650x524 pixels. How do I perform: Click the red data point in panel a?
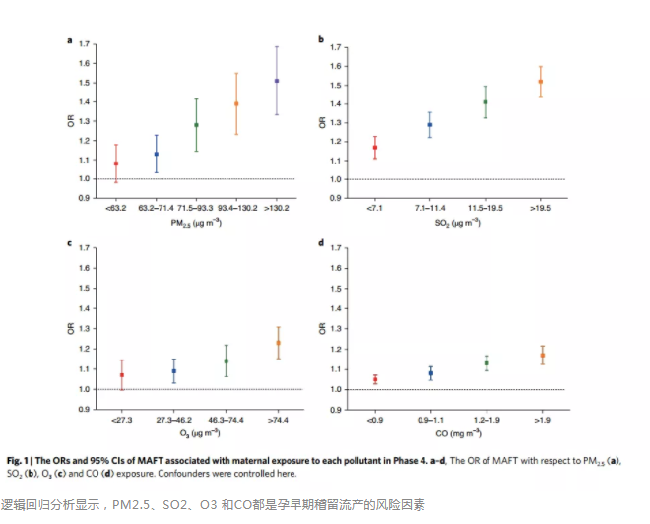[x=116, y=164]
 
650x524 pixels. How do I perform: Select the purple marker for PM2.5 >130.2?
[x=277, y=80]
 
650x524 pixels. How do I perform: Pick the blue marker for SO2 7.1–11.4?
[x=429, y=125]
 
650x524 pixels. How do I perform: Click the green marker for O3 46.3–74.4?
[x=226, y=360]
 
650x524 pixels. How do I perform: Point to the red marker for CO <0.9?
[x=375, y=379]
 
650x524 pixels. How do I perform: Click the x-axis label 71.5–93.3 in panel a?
[x=196, y=209]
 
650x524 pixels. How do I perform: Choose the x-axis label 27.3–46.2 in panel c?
[x=173, y=420]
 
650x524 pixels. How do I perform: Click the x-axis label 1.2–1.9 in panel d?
[x=486, y=420]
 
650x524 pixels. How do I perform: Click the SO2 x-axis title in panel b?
[x=457, y=224]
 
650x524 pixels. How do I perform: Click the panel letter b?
[x=321, y=39]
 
